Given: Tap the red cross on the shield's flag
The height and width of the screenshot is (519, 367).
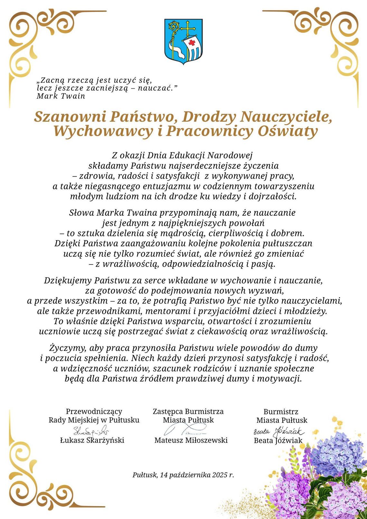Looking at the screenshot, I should [x=192, y=43].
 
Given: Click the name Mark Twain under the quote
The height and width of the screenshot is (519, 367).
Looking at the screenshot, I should [x=61, y=96].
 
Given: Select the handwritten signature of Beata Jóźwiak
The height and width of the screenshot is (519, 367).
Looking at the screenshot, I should [x=278, y=431].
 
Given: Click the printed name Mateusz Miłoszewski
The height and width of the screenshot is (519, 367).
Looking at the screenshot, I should [x=191, y=440].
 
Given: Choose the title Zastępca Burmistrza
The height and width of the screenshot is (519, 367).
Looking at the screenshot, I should [x=188, y=411].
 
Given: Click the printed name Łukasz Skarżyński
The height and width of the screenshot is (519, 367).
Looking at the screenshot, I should [x=92, y=440].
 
